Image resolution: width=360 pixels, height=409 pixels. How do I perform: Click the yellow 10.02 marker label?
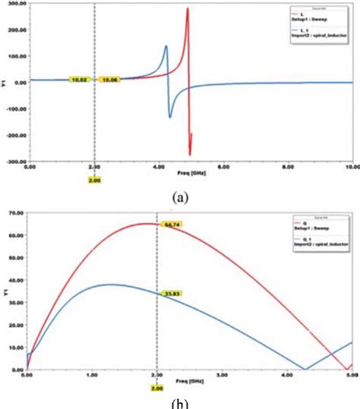pos(79,79)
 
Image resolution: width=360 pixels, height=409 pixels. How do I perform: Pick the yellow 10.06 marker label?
pos(110,79)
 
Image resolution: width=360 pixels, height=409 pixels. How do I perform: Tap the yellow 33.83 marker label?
pos(173,291)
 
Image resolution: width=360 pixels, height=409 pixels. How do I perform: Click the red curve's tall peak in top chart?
pos(187,9)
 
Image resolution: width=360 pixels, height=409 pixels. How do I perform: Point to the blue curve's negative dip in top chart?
pos(169,117)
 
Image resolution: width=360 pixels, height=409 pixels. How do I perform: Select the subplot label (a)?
pos(179,195)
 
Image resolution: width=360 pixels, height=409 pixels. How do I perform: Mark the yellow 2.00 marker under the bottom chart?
pos(156,389)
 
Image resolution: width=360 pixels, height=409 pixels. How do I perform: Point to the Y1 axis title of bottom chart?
pos(6,294)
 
